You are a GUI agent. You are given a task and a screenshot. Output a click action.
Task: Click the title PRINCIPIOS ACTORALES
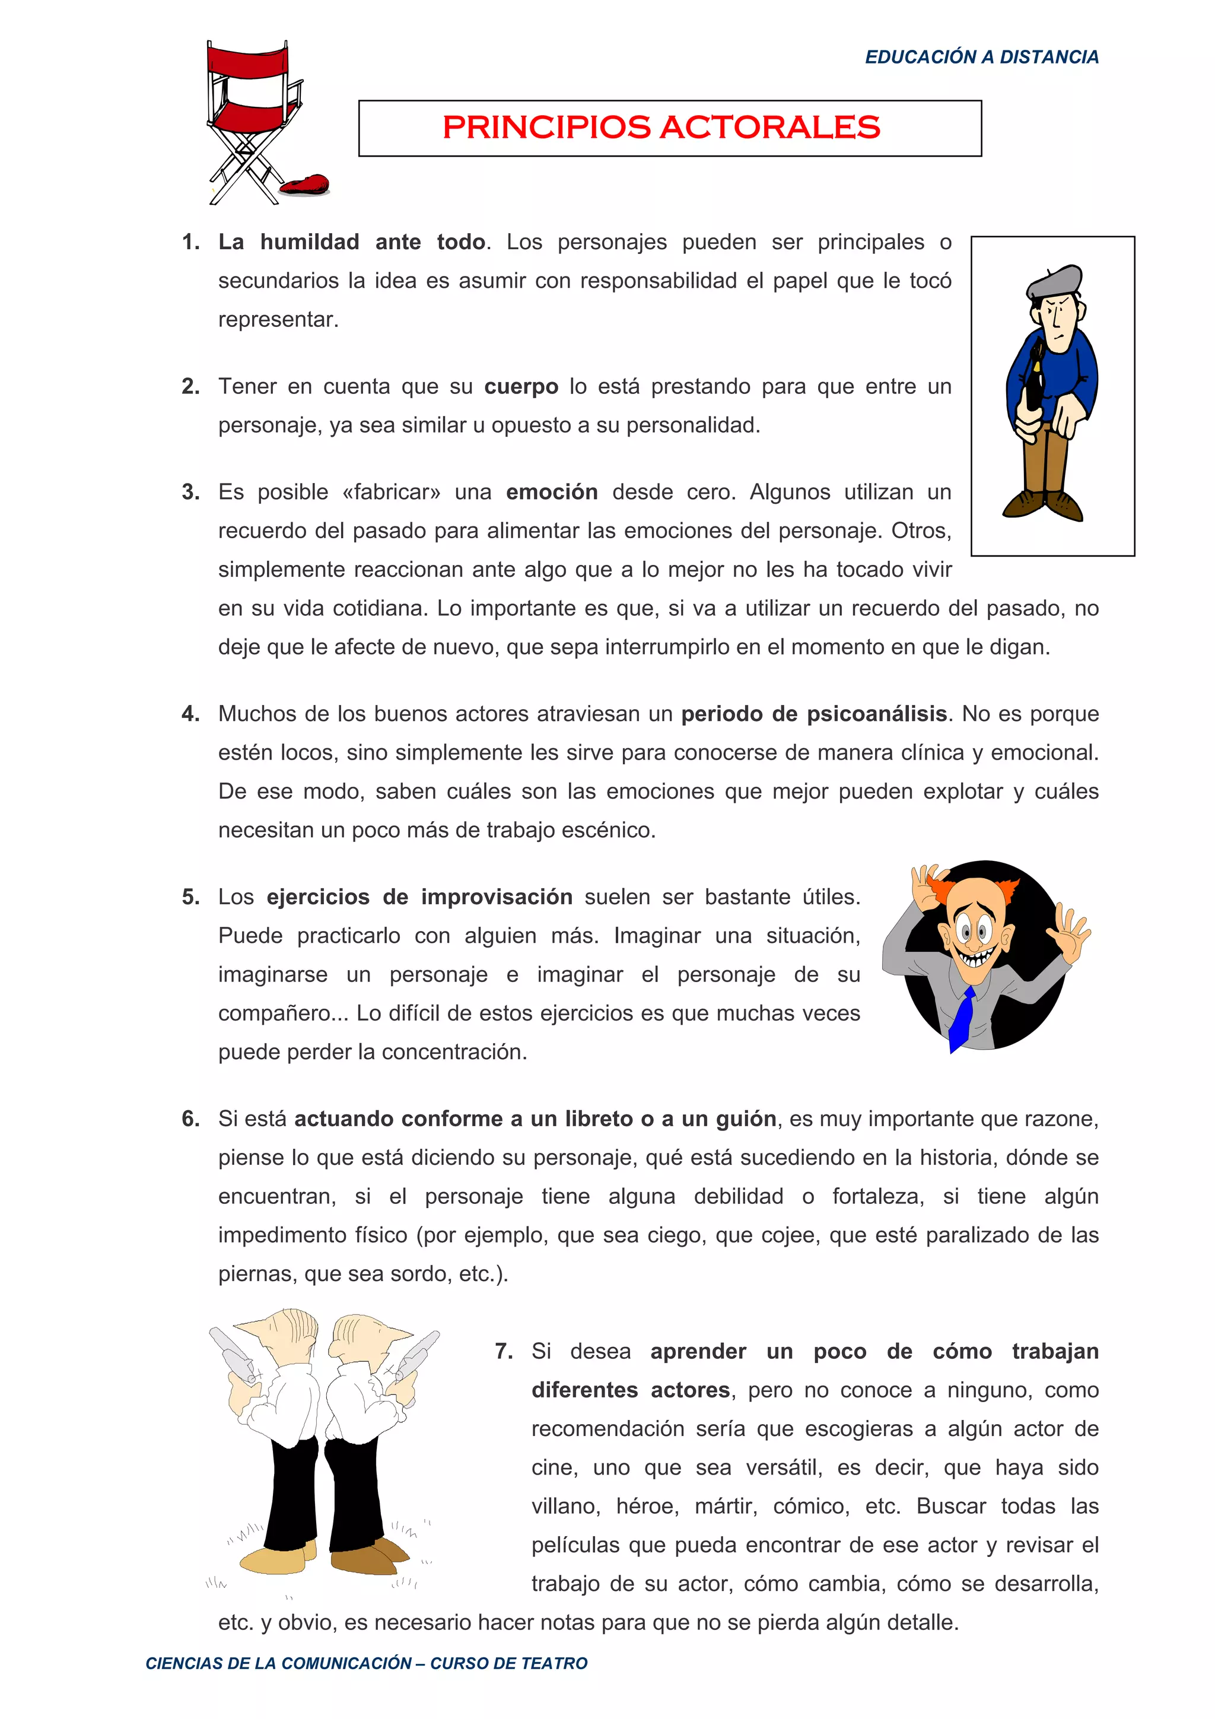(x=661, y=127)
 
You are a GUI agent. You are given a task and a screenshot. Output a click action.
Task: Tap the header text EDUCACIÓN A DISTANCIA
(x=981, y=57)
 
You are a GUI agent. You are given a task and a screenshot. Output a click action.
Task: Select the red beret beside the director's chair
(x=306, y=184)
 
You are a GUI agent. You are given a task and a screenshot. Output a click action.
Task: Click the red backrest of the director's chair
(x=246, y=60)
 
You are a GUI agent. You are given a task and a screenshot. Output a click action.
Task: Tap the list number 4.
(x=190, y=713)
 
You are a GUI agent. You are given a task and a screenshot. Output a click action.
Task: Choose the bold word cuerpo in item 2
(x=521, y=386)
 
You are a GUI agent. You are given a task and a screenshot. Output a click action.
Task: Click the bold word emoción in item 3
(x=552, y=492)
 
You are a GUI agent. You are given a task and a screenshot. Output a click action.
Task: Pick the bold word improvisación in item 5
(x=497, y=897)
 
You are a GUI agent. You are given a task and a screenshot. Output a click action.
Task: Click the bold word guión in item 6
(x=746, y=1119)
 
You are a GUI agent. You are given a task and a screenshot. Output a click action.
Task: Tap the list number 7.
(x=503, y=1351)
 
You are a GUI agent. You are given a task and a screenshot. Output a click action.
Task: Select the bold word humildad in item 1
(x=309, y=242)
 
